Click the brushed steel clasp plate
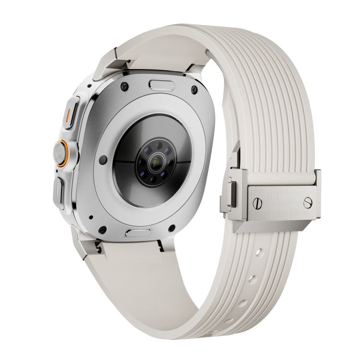pyautogui.click(x=281, y=202)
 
